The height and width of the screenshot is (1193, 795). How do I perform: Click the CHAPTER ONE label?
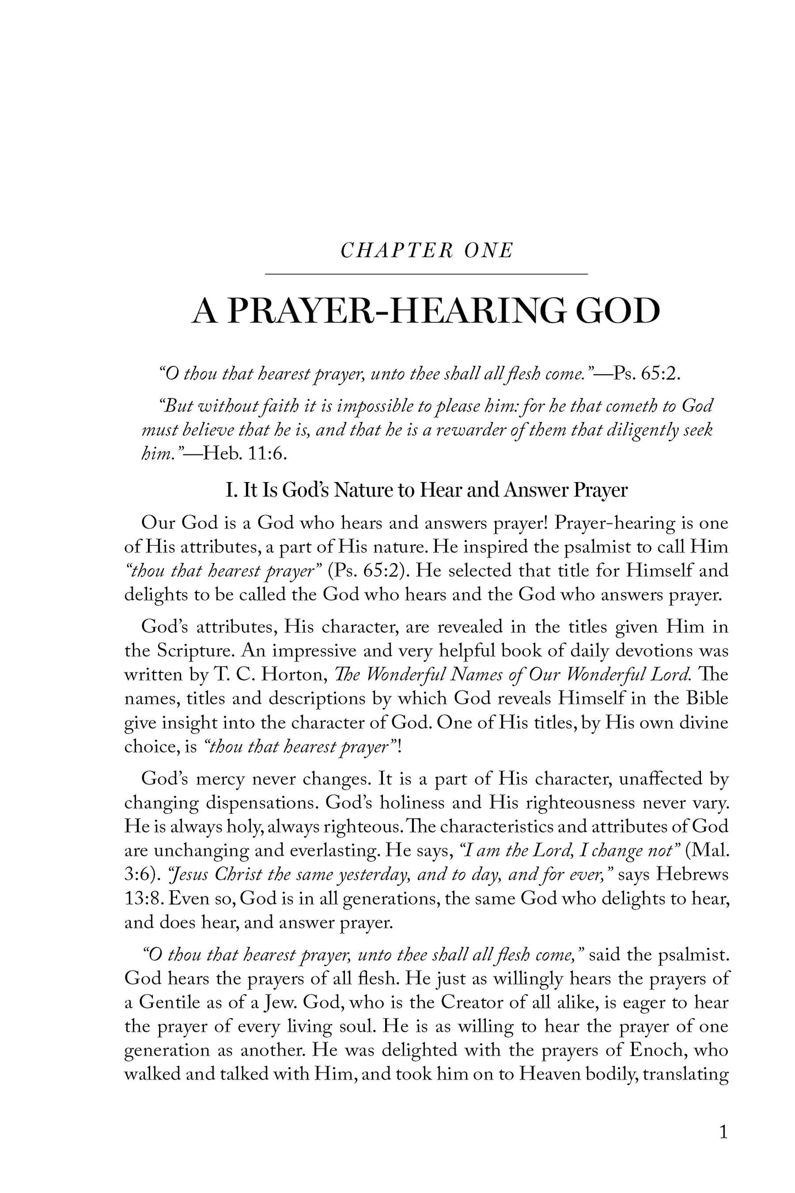(426, 251)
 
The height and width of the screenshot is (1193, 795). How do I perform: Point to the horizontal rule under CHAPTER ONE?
(426, 273)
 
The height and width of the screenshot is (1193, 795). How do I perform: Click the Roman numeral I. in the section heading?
(232, 490)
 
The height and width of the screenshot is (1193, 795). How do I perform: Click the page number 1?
(723, 1131)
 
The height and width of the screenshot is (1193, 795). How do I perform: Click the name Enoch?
(657, 1050)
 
